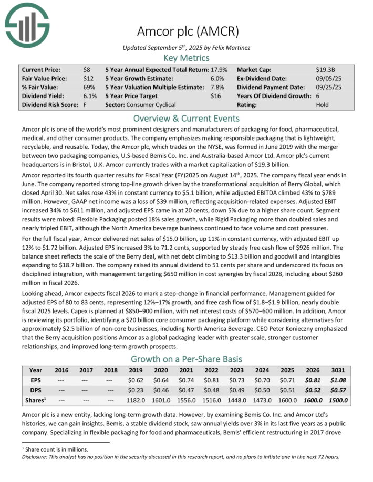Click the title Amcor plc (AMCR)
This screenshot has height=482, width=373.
tap(186, 31)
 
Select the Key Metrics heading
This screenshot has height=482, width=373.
tap(186, 58)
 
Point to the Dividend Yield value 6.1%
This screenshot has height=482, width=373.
tap(90, 96)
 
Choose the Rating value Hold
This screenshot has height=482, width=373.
tap(323, 105)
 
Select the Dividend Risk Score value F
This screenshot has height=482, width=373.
tap(85, 105)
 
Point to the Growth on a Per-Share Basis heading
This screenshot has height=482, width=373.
tap(186, 359)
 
